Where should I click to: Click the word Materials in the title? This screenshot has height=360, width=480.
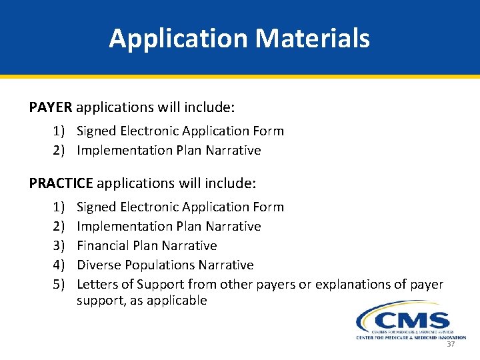(x=313, y=39)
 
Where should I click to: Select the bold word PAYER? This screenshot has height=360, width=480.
(x=52, y=107)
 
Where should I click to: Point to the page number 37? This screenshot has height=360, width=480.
(x=451, y=344)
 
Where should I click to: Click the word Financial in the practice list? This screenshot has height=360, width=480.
(x=103, y=246)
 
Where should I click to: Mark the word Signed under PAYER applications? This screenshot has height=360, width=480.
(x=97, y=131)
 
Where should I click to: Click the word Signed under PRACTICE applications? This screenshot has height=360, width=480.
(x=97, y=207)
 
